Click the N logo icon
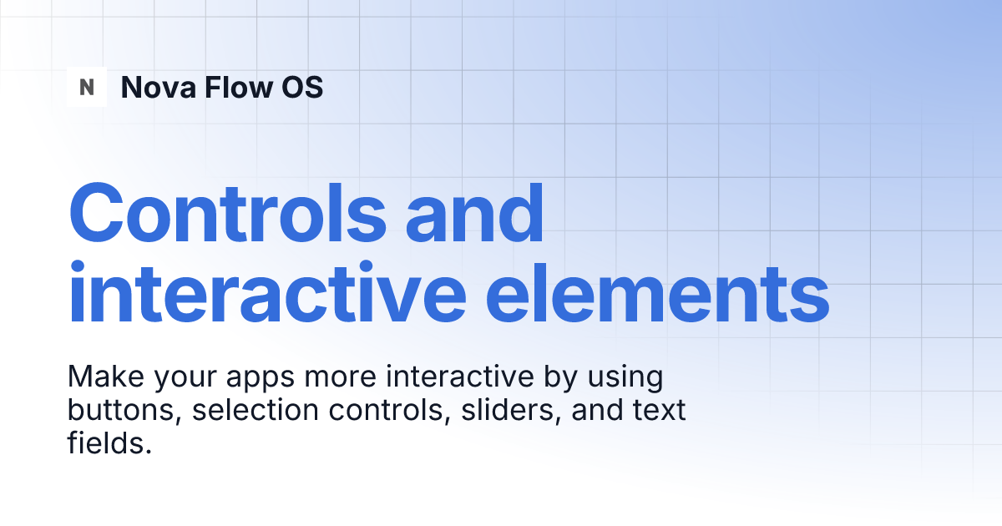tap(87, 87)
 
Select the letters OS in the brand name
tap(301, 87)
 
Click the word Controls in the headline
tap(227, 213)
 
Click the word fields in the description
tap(109, 443)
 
